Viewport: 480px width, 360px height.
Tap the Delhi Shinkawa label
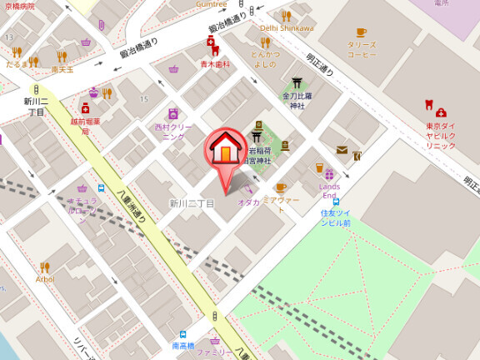(x=287, y=27)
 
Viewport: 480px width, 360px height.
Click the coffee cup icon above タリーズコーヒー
(x=361, y=32)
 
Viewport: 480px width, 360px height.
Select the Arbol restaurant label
(x=45, y=279)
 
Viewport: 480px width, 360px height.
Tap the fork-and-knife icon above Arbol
(x=45, y=267)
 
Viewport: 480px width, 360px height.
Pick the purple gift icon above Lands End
(x=329, y=175)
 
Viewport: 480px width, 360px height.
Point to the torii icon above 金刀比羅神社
(x=296, y=82)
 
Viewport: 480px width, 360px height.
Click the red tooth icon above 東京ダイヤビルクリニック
(x=429, y=106)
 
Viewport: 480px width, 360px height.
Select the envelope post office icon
(x=342, y=150)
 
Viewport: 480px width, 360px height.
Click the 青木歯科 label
(x=214, y=64)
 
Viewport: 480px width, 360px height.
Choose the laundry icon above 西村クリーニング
(x=172, y=113)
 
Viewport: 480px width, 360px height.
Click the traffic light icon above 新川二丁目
(x=35, y=89)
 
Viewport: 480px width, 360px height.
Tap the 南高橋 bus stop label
(x=183, y=345)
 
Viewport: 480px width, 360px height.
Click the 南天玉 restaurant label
(x=62, y=70)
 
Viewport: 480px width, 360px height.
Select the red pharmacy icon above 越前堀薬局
(x=85, y=107)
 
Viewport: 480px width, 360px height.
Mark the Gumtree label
(x=212, y=4)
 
